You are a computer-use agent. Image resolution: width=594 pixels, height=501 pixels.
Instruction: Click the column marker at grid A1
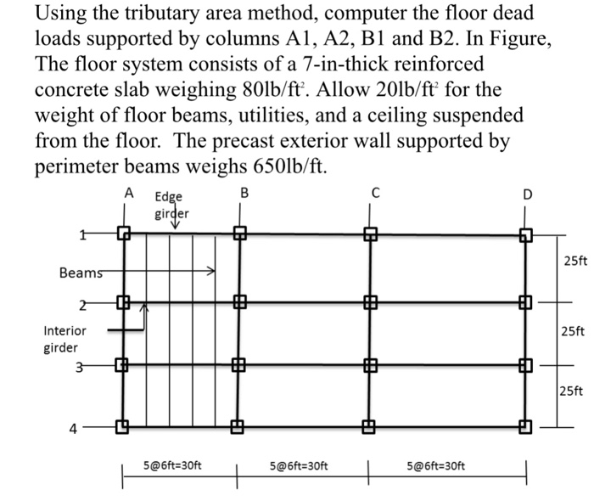[124, 233]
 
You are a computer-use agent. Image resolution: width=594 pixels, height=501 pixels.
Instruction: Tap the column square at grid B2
[240, 301]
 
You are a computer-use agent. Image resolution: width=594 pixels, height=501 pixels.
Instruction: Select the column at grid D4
[526, 427]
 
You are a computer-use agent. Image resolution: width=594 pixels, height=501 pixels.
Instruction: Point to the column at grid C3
[369, 366]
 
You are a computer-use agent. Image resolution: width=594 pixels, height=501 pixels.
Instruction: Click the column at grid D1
[526, 233]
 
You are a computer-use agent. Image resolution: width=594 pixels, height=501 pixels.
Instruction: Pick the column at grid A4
[124, 427]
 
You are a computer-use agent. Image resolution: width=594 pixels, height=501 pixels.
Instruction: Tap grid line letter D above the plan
[527, 194]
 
